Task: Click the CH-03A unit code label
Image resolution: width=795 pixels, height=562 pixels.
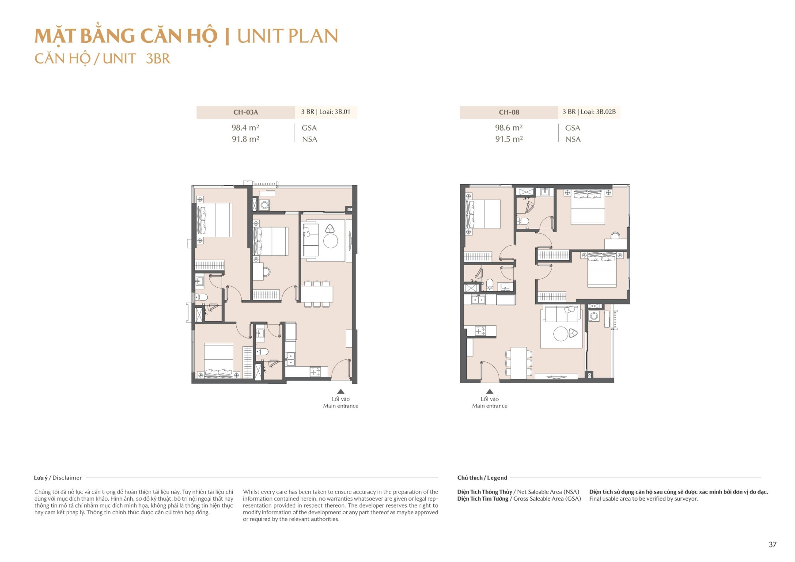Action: tap(246, 112)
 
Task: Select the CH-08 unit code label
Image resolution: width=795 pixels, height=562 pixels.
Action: tap(509, 112)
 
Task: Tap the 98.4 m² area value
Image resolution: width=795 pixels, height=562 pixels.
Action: tap(245, 128)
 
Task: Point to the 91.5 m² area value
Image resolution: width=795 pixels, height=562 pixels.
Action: tap(509, 139)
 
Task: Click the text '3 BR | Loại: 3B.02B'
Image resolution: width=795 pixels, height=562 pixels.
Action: tap(589, 112)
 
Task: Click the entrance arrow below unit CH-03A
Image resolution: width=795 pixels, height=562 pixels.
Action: tap(341, 391)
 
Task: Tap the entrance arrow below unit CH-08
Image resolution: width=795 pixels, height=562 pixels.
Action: tap(489, 391)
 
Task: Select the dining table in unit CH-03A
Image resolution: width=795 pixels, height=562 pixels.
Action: tap(317, 294)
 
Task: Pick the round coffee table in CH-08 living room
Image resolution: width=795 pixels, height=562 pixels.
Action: tap(560, 334)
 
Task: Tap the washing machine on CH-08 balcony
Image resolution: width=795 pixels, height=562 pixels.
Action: tap(594, 316)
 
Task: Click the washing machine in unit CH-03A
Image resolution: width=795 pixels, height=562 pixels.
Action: tap(265, 205)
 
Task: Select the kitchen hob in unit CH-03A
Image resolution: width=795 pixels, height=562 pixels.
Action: tap(315, 372)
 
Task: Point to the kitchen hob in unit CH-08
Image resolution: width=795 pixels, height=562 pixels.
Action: tap(480, 330)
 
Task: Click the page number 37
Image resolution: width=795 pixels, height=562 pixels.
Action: tap(772, 544)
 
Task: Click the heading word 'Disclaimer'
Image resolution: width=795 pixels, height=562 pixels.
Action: tap(67, 478)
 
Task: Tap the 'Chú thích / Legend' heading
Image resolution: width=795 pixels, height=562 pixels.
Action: tap(482, 478)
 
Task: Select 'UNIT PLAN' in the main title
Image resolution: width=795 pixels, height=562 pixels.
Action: tap(288, 36)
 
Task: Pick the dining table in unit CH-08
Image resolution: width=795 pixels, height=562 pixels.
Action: tap(519, 362)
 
